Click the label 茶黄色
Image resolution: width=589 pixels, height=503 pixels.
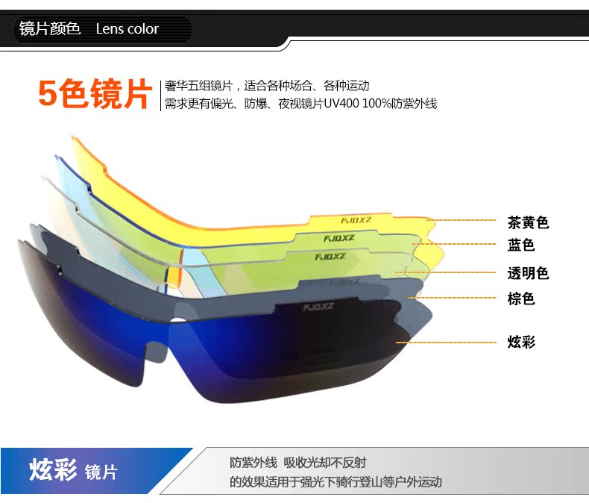pos(528,222)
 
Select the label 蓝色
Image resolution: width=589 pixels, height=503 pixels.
pos(520,245)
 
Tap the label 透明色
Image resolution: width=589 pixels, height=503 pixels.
pos(528,273)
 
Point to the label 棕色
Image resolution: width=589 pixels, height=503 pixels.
pos(520,299)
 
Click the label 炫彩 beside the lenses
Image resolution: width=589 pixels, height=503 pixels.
pos(521,342)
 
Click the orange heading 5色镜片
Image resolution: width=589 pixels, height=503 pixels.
pos(95,94)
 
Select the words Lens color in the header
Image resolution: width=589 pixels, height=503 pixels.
pos(127,29)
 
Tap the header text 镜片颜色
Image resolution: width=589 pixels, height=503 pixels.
pos(50,28)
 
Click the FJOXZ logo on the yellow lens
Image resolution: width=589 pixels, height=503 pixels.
pos(356,220)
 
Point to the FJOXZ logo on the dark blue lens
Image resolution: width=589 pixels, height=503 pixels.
pos(318,307)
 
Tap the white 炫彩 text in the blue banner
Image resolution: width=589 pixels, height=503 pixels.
pos(53,469)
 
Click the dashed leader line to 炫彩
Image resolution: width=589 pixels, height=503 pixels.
pos(446,343)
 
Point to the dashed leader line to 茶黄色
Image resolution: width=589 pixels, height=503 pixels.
pos(462,220)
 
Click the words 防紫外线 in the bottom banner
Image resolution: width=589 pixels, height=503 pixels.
pos(253,463)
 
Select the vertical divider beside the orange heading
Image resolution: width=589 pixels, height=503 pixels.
pos(160,96)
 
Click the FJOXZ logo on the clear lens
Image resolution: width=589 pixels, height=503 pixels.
pos(330,257)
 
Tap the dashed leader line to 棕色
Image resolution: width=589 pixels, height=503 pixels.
pos(452,298)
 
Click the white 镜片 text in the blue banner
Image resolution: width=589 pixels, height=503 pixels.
pos(101,472)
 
